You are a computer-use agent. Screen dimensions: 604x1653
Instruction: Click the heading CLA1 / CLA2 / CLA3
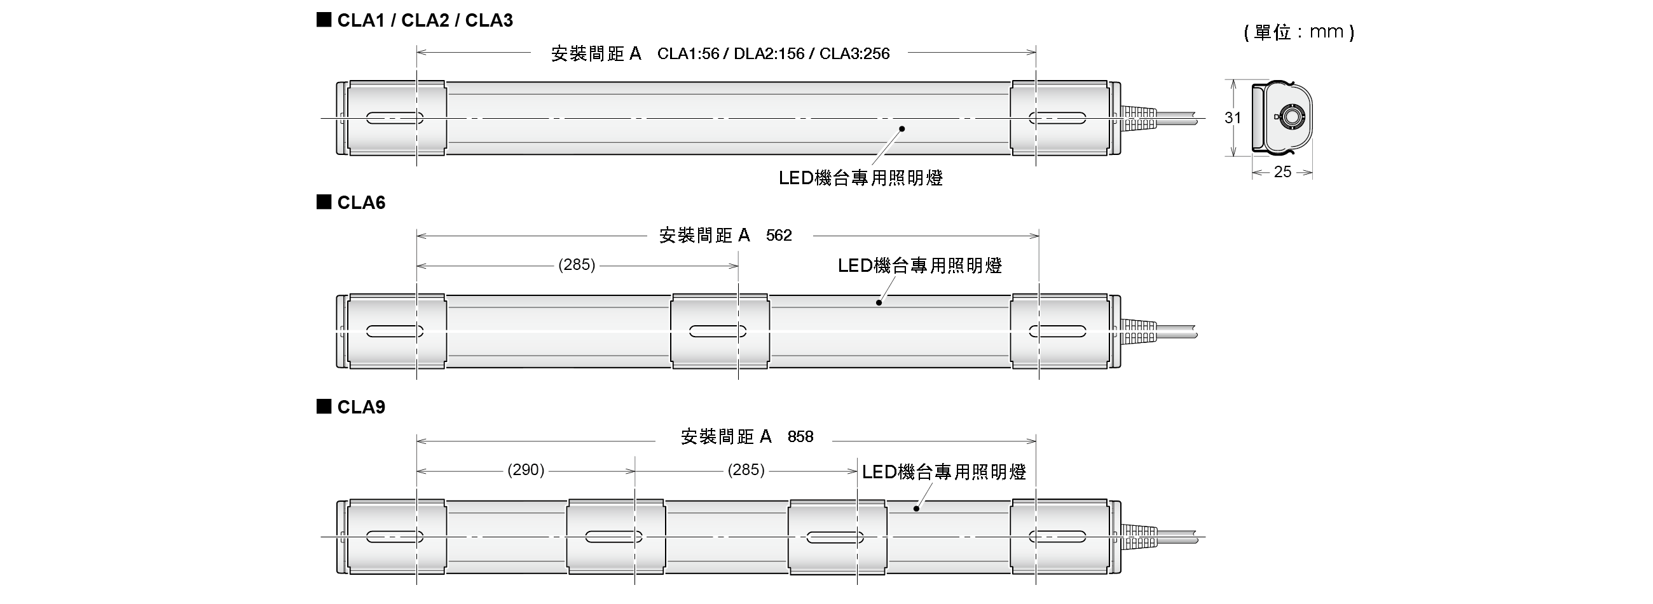coord(424,20)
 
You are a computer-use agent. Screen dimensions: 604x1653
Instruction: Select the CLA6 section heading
coord(360,203)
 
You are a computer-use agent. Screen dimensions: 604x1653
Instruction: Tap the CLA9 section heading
coord(360,407)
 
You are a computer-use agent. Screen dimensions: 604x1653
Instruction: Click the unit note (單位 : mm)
coord(1298,32)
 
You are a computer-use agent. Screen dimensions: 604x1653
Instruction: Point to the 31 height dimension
coord(1232,118)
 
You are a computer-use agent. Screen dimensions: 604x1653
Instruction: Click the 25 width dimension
coord(1282,172)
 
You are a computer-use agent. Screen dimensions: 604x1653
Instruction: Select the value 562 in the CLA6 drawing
coord(779,236)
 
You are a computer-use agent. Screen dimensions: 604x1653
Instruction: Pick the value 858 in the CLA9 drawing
coord(800,437)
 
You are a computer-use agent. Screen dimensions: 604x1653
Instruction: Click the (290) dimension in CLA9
coord(526,470)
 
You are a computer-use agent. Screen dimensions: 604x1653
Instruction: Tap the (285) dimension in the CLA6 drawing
coord(577,265)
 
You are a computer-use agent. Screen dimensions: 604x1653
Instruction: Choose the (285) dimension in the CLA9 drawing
coord(746,470)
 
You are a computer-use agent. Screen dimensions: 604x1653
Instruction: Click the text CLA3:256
coord(854,53)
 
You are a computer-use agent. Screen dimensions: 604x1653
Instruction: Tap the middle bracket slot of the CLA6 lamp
coord(717,332)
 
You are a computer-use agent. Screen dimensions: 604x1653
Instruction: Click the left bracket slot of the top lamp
coord(395,118)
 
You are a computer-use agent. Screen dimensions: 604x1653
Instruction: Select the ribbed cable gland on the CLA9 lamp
coord(1139,537)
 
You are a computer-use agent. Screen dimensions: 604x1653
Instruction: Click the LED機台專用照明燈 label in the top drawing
coord(860,178)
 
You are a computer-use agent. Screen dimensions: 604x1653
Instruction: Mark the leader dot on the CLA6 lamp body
coord(879,303)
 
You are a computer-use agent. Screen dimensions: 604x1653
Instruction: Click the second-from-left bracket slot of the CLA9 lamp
coord(614,537)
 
